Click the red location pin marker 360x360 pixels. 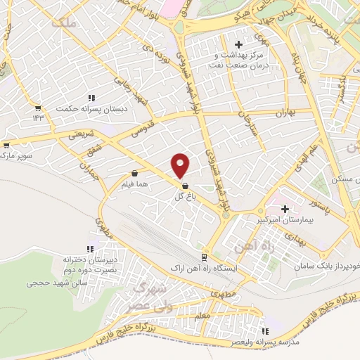181,165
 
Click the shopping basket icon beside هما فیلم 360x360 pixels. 134,172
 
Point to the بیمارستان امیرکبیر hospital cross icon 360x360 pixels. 285,209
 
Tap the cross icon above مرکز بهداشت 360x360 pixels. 238,44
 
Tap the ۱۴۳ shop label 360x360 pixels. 37,118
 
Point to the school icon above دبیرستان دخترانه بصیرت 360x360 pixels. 89,249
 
